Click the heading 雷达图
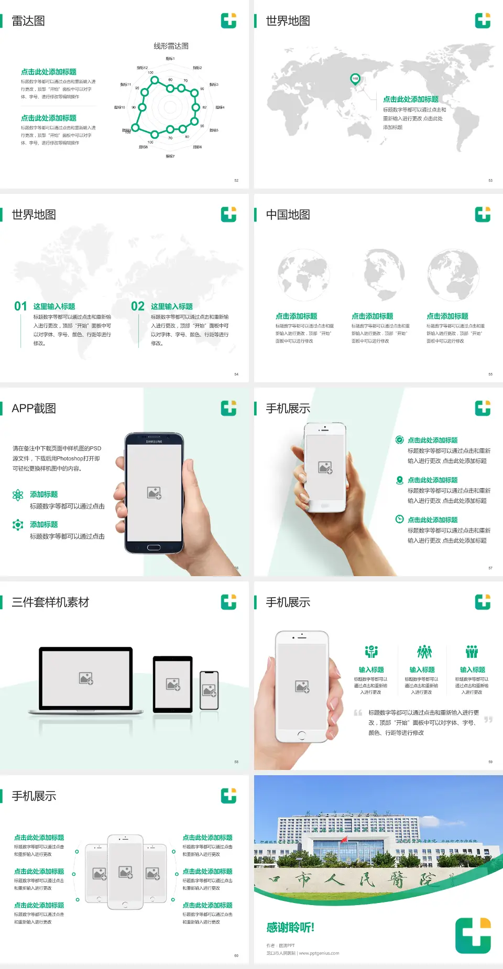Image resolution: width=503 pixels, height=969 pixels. pyautogui.click(x=28, y=21)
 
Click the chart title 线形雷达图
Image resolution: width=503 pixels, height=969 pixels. pyautogui.click(x=171, y=46)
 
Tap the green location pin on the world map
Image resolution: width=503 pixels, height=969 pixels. pyautogui.click(x=355, y=79)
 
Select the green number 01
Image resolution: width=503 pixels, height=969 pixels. pyautogui.click(x=20, y=306)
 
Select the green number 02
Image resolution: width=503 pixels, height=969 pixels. pyautogui.click(x=138, y=306)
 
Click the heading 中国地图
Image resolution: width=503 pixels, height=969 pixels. pyautogui.click(x=288, y=215)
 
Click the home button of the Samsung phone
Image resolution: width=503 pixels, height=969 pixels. pyautogui.click(x=154, y=547)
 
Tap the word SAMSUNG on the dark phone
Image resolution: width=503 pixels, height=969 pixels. pyautogui.click(x=154, y=442)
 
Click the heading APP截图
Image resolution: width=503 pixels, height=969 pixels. pyautogui.click(x=34, y=409)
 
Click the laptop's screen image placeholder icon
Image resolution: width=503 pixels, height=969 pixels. pyautogui.click(x=86, y=678)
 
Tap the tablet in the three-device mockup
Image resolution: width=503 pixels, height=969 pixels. pyautogui.click(x=173, y=684)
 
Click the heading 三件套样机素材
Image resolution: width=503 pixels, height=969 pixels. pyautogui.click(x=50, y=602)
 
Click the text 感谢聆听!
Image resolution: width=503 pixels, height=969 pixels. pyautogui.click(x=290, y=928)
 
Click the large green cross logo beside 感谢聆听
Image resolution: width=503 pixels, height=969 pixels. pyautogui.click(x=473, y=935)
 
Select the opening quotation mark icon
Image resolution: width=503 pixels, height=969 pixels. pyautogui.click(x=358, y=713)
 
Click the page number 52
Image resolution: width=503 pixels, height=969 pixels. pyautogui.click(x=236, y=181)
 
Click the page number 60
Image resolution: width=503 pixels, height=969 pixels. pyautogui.click(x=236, y=956)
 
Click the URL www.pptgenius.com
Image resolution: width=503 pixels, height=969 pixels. pyautogui.click(x=319, y=953)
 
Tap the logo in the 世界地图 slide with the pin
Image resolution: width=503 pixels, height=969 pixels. pyautogui.click(x=483, y=21)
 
